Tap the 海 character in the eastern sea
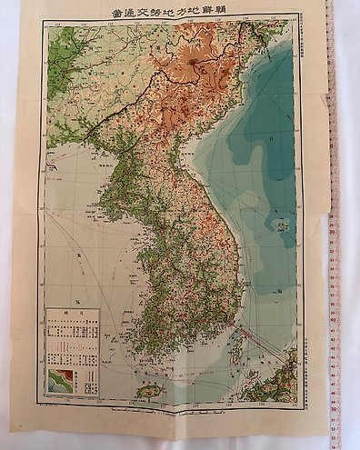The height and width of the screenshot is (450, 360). point(277,289)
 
